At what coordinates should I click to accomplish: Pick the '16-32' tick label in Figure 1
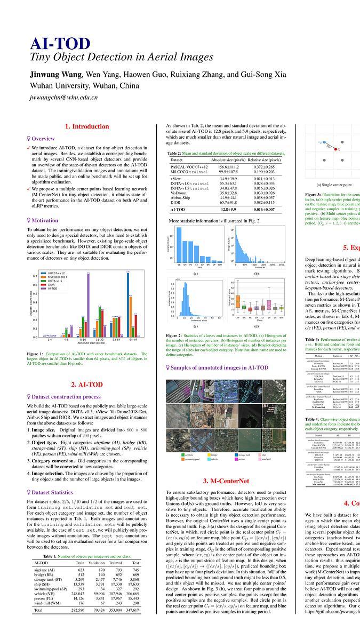100,339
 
